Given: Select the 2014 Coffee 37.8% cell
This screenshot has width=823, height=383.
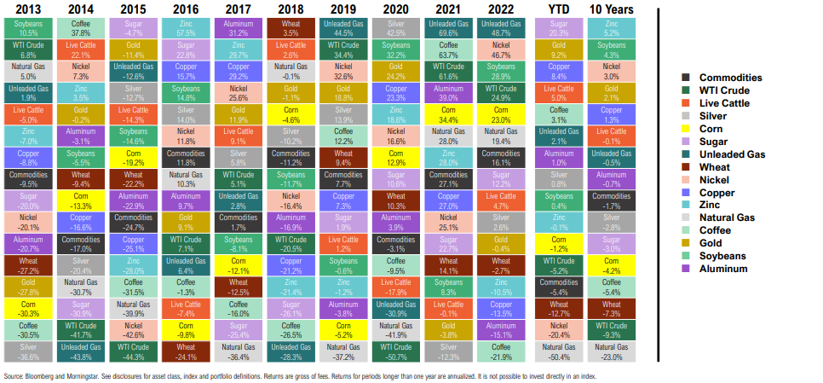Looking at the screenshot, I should coord(80,27).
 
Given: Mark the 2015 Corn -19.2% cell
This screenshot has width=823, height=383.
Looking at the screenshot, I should coord(133,158).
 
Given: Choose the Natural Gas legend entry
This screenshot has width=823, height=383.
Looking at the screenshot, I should coord(726,218).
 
